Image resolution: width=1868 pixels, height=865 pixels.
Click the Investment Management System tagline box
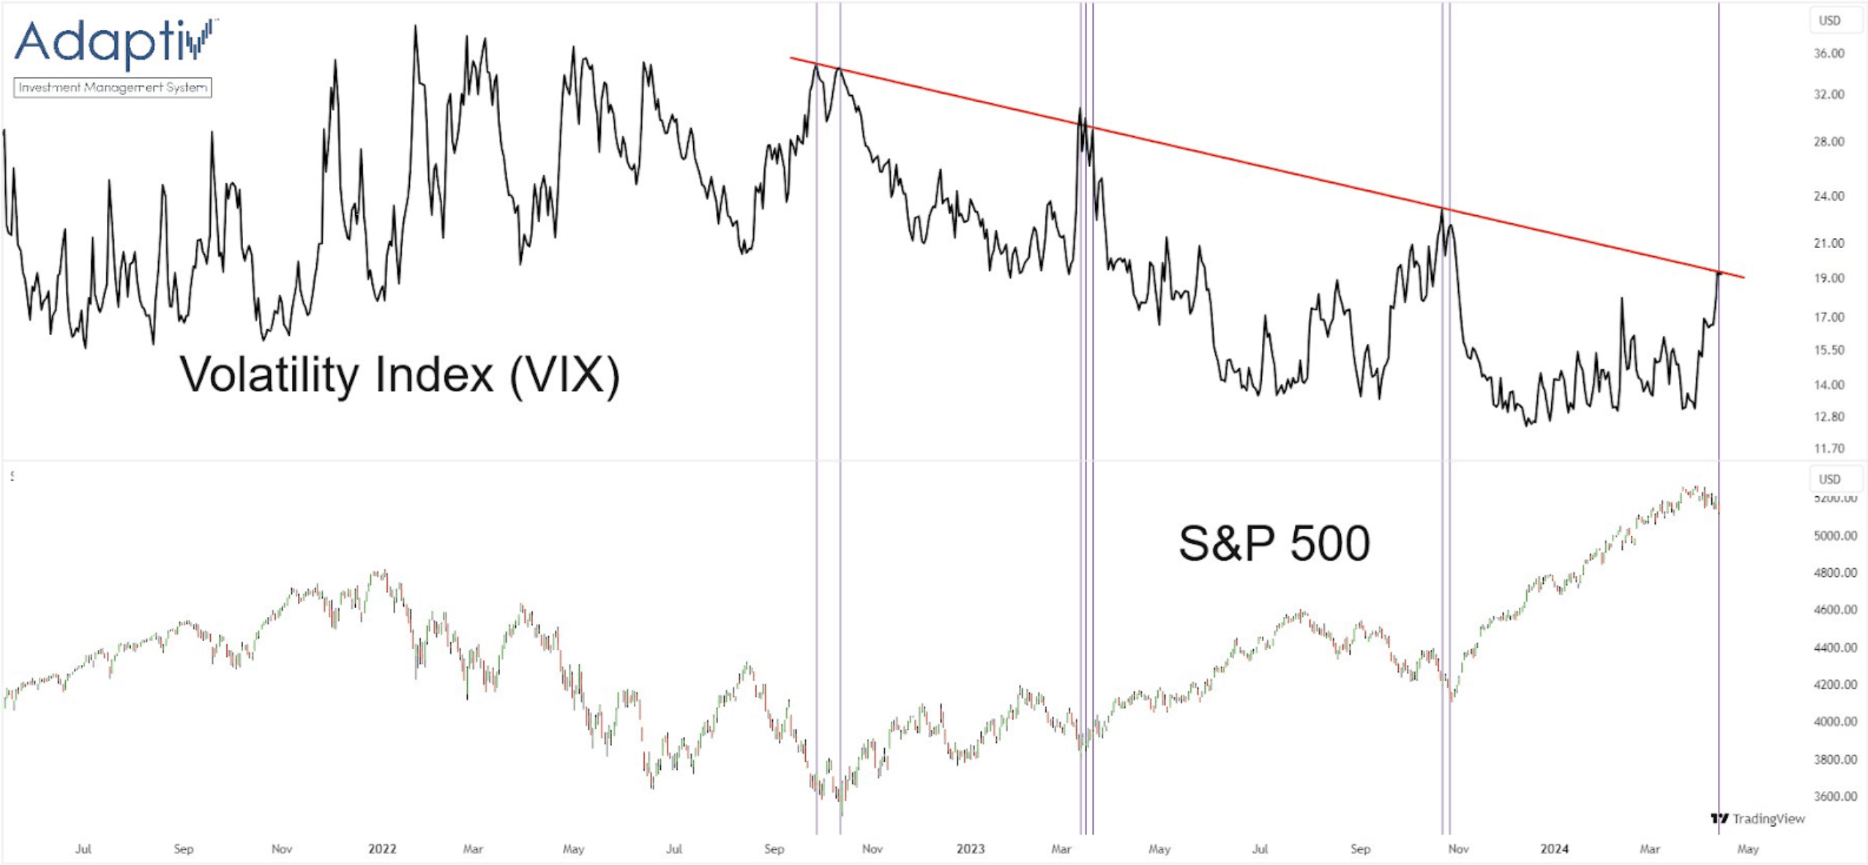click(x=113, y=88)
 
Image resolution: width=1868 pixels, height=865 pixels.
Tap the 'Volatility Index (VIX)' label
click(x=400, y=375)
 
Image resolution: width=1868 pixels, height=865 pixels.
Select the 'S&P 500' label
click(x=1274, y=543)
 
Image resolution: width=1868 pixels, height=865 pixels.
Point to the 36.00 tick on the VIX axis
click(x=1828, y=53)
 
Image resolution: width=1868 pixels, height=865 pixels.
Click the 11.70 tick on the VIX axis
click(x=1828, y=448)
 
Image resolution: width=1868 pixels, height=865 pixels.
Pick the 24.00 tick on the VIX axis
click(x=1828, y=196)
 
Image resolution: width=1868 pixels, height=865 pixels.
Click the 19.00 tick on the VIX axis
click(x=1828, y=278)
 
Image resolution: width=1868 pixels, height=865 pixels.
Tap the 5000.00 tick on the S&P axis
click(x=1835, y=536)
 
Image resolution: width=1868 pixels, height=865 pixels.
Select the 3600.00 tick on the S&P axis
click(x=1835, y=796)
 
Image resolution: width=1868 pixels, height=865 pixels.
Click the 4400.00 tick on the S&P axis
click(x=1835, y=648)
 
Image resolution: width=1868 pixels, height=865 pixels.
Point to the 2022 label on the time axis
click(x=382, y=849)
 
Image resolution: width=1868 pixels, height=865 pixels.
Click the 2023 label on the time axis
click(x=971, y=849)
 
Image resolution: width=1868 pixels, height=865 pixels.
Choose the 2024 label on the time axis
click(x=1554, y=849)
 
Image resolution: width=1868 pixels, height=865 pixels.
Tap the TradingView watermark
click(x=1758, y=819)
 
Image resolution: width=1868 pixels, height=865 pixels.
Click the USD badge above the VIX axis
click(x=1829, y=20)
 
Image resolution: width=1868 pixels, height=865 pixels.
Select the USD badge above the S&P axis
click(x=1829, y=479)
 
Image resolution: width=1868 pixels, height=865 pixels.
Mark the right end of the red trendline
click(x=1744, y=277)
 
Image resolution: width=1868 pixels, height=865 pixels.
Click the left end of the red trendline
click(x=791, y=58)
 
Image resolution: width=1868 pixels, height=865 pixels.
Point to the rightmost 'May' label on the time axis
click(x=1748, y=849)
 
